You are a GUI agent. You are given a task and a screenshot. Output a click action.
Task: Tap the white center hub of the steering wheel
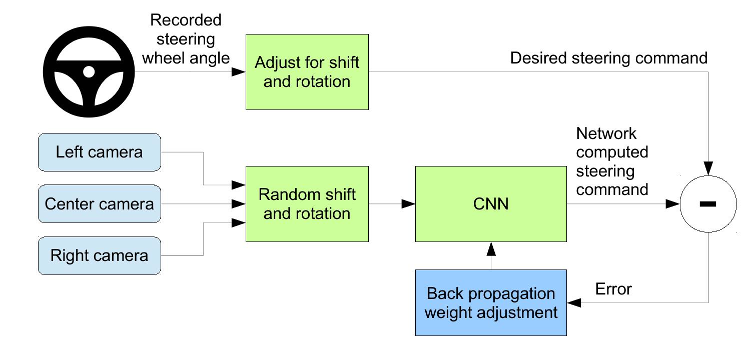click(x=89, y=71)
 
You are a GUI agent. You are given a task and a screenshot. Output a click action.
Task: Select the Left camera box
click(x=100, y=152)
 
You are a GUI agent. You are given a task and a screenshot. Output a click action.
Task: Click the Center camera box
click(x=100, y=204)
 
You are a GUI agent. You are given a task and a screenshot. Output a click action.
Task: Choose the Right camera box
click(x=100, y=256)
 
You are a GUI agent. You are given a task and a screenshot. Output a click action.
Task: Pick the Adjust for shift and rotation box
click(x=307, y=72)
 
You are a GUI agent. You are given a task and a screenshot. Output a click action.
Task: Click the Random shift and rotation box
click(x=307, y=204)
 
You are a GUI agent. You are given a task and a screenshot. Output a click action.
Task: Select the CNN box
click(x=491, y=204)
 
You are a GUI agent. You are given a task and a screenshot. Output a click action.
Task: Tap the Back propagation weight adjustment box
click(x=491, y=303)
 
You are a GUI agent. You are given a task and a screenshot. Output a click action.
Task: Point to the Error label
click(x=613, y=289)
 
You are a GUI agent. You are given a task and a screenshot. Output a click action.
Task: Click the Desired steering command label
click(x=609, y=58)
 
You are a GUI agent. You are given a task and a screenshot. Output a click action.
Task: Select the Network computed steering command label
click(x=612, y=161)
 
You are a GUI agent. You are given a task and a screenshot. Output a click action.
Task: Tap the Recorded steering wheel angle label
click(x=186, y=39)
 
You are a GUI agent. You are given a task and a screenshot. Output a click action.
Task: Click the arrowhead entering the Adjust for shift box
click(x=239, y=72)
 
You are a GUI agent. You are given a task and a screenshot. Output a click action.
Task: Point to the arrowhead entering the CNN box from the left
click(x=408, y=204)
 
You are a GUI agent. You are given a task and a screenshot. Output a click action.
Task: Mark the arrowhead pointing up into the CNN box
click(x=491, y=249)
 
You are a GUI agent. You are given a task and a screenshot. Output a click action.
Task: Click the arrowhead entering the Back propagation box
click(x=574, y=303)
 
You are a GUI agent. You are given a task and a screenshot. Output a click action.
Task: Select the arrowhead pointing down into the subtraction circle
click(x=708, y=168)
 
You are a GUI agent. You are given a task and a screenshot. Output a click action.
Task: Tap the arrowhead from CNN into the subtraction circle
click(x=673, y=204)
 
